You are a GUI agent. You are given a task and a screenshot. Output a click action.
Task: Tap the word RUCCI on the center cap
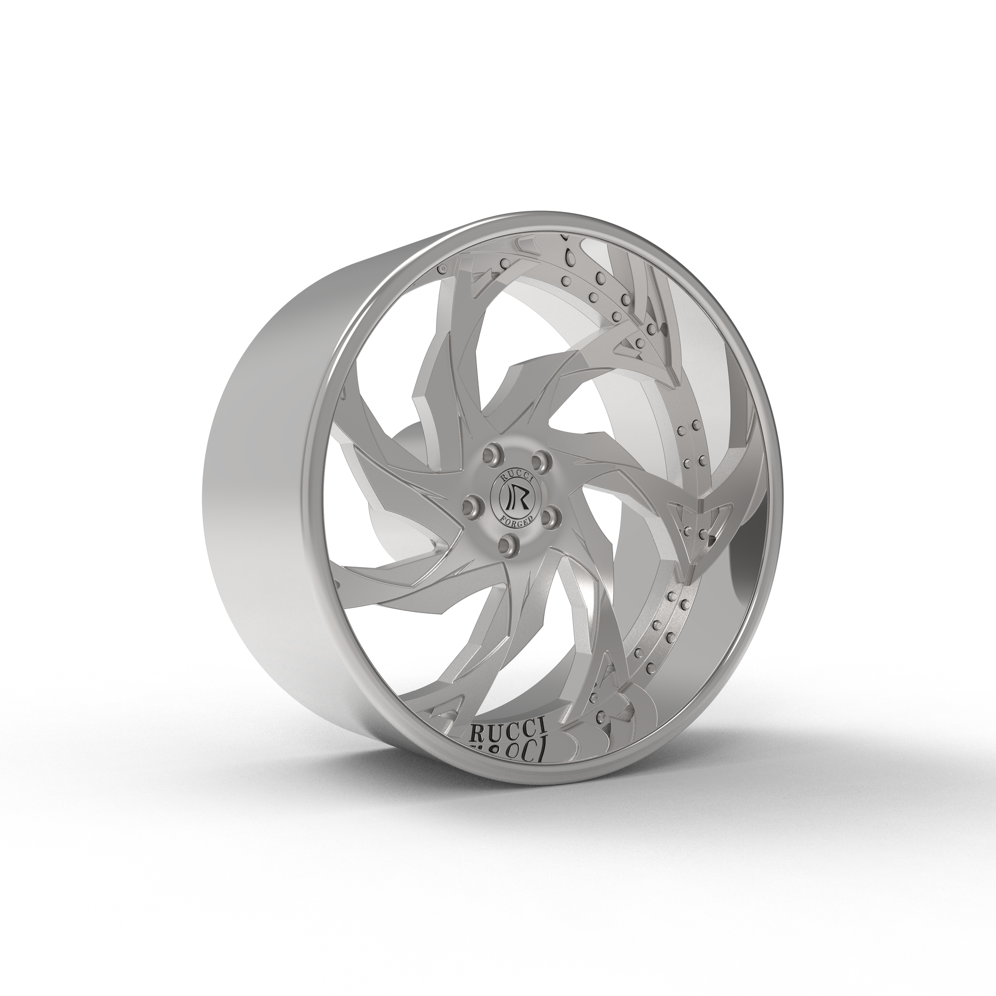point(517,477)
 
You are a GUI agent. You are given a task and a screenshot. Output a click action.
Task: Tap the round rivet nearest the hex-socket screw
point(567,281)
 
